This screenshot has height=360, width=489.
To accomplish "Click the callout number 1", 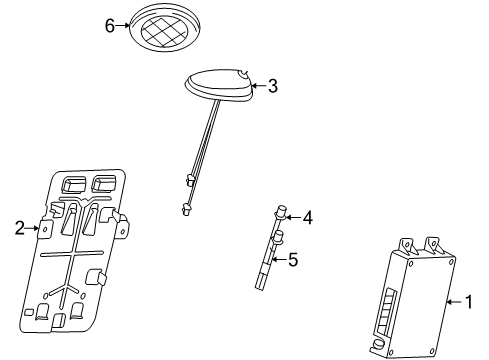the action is coord(468,302).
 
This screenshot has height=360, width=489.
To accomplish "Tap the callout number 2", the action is coord(20,228).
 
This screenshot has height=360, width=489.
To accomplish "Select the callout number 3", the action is coord(273,86).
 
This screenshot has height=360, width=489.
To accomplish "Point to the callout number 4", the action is coord(308,218).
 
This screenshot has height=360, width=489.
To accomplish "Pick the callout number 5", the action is coord(293,259).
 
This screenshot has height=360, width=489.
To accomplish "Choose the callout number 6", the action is coord(110,26).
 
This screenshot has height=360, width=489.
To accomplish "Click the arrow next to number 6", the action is coord(122,25).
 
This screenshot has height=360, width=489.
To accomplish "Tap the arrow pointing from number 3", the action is coord(259,86).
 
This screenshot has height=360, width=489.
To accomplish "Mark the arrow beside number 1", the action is coord(454,302).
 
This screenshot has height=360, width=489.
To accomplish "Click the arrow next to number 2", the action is coord(32,228).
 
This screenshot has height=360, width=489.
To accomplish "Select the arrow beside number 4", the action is coord(293,218).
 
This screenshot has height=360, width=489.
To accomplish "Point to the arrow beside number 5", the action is coord(279,259).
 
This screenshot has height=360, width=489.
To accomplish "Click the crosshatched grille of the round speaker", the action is coord(164,31).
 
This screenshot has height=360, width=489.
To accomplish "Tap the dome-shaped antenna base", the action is coord(218,84).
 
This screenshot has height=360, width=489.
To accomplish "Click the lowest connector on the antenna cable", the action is coord(185,210).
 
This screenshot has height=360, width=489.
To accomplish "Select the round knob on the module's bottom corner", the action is coord(378,343).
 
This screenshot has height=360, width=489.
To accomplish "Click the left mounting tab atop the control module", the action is coord(407,246).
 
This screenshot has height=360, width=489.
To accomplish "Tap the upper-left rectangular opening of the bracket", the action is coord(73,184).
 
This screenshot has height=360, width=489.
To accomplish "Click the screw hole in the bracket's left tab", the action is coord(45,229).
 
